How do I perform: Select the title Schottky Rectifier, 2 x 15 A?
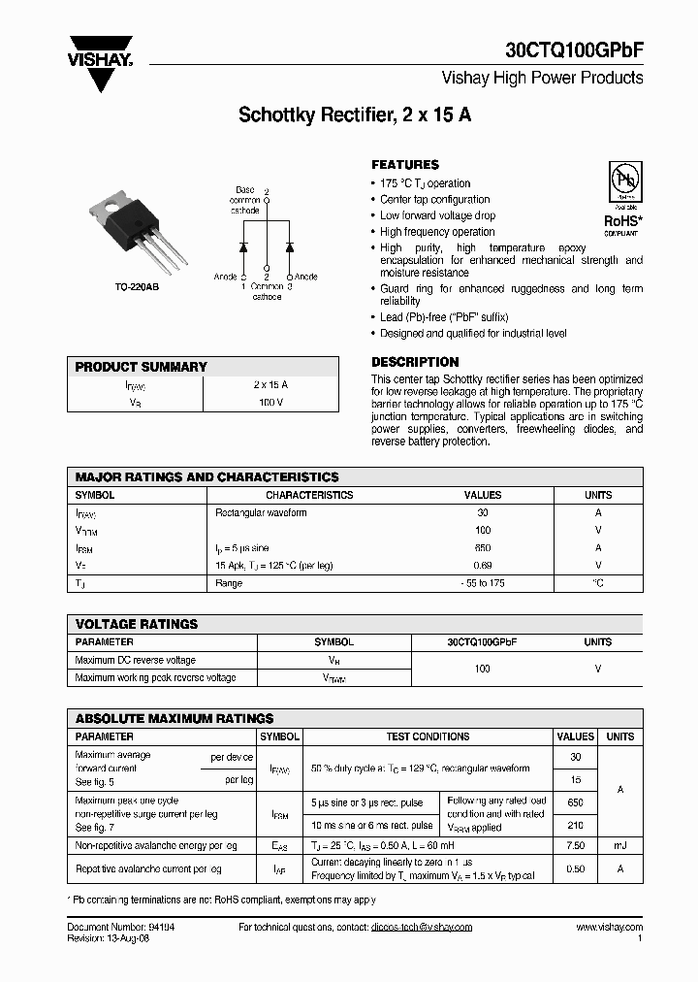pyautogui.click(x=355, y=115)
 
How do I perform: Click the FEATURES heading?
pyautogui.click(x=405, y=165)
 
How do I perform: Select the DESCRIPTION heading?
pyautogui.click(x=415, y=362)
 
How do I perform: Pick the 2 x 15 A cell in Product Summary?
pyautogui.click(x=270, y=384)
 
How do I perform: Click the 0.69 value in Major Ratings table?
pyautogui.click(x=483, y=565)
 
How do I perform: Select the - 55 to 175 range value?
pyautogui.click(x=483, y=583)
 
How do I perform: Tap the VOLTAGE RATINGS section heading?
pyautogui.click(x=137, y=624)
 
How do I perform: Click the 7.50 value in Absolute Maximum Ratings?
pyautogui.click(x=576, y=846)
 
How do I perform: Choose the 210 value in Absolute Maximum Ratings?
pyautogui.click(x=576, y=825)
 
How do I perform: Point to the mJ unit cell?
pyautogui.click(x=620, y=846)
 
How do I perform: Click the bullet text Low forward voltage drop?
pyautogui.click(x=437, y=215)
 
